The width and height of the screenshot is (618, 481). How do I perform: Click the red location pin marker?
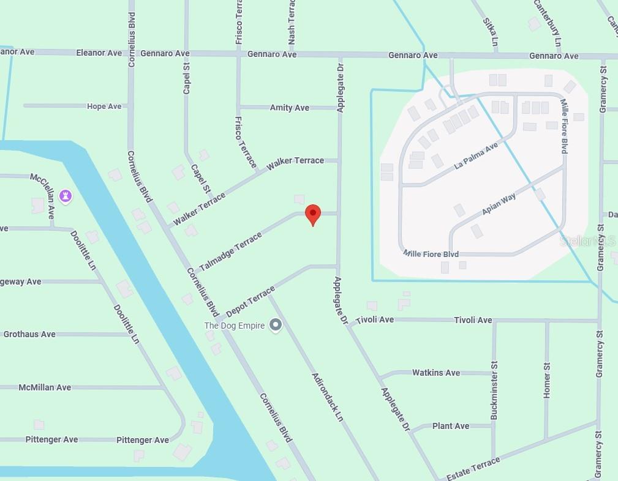click(x=313, y=214)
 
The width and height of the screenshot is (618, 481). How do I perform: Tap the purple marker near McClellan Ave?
click(x=66, y=196)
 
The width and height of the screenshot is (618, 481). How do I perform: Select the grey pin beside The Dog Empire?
click(x=276, y=325)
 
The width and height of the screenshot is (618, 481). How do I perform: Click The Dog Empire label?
click(x=235, y=326)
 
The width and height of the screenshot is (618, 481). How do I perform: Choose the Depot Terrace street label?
click(x=251, y=301)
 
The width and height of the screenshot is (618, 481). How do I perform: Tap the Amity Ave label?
click(x=290, y=108)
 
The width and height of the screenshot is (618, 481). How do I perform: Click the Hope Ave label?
click(x=104, y=106)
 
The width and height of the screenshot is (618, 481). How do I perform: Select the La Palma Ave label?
click(x=477, y=156)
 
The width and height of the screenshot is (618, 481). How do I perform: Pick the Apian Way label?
click(x=499, y=204)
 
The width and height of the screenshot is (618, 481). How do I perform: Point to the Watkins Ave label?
click(x=436, y=373)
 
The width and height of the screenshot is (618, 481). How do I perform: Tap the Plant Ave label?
click(x=451, y=426)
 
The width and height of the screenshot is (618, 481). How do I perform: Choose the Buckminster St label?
click(x=494, y=390)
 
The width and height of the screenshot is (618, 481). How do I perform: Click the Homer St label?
click(x=547, y=380)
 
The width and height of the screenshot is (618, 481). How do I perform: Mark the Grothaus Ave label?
click(x=29, y=334)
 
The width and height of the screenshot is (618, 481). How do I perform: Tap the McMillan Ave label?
click(x=45, y=387)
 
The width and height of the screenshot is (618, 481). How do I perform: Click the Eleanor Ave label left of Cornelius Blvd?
click(x=99, y=53)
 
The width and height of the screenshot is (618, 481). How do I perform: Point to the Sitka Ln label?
click(x=490, y=32)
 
